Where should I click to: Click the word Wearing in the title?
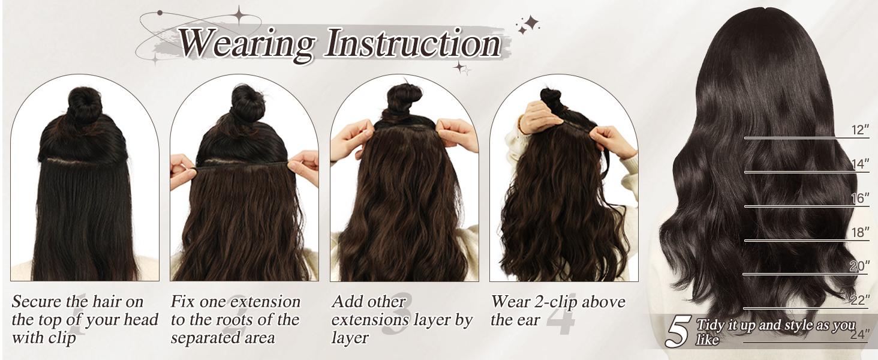247,43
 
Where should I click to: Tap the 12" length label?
859,130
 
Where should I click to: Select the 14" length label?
859,164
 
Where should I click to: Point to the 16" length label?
859,199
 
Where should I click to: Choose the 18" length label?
859,233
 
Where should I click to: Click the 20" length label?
859,267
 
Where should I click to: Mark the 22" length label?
859,300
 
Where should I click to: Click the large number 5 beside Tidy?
678,331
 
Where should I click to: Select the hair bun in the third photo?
405,98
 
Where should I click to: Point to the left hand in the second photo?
182,167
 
